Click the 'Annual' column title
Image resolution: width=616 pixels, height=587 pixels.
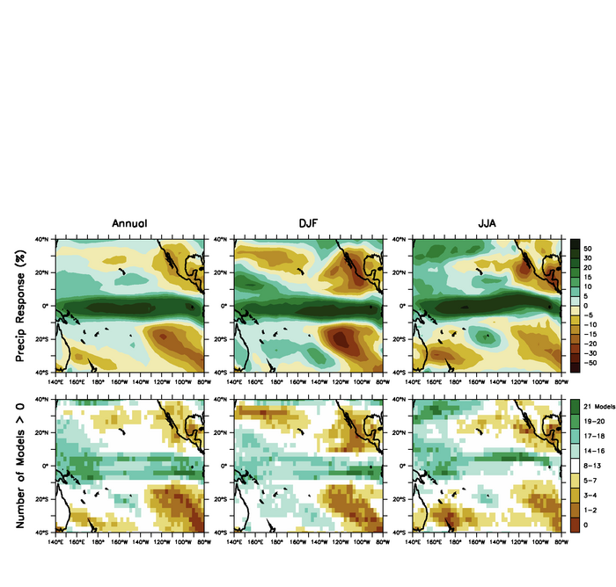(x=129, y=223)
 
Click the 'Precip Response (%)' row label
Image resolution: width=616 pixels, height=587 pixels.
(x=19, y=304)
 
